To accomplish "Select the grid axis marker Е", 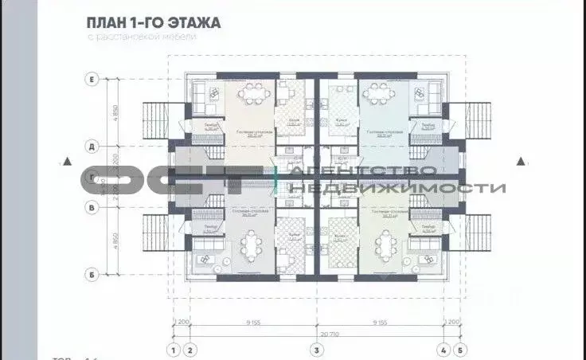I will click(x=92, y=79).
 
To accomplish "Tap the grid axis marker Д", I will click(x=92, y=147).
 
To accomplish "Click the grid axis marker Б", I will click(x=92, y=275).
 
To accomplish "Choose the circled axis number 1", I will click(x=172, y=349).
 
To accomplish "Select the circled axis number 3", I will click(x=317, y=349).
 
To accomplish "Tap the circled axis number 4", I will click(x=443, y=349).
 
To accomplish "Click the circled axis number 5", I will click(x=462, y=349).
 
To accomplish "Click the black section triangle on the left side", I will click(x=69, y=162).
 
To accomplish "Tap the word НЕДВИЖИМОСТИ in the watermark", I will click(x=398, y=188).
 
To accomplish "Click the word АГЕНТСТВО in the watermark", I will click(x=363, y=170).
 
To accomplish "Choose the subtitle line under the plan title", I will click(x=142, y=37).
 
